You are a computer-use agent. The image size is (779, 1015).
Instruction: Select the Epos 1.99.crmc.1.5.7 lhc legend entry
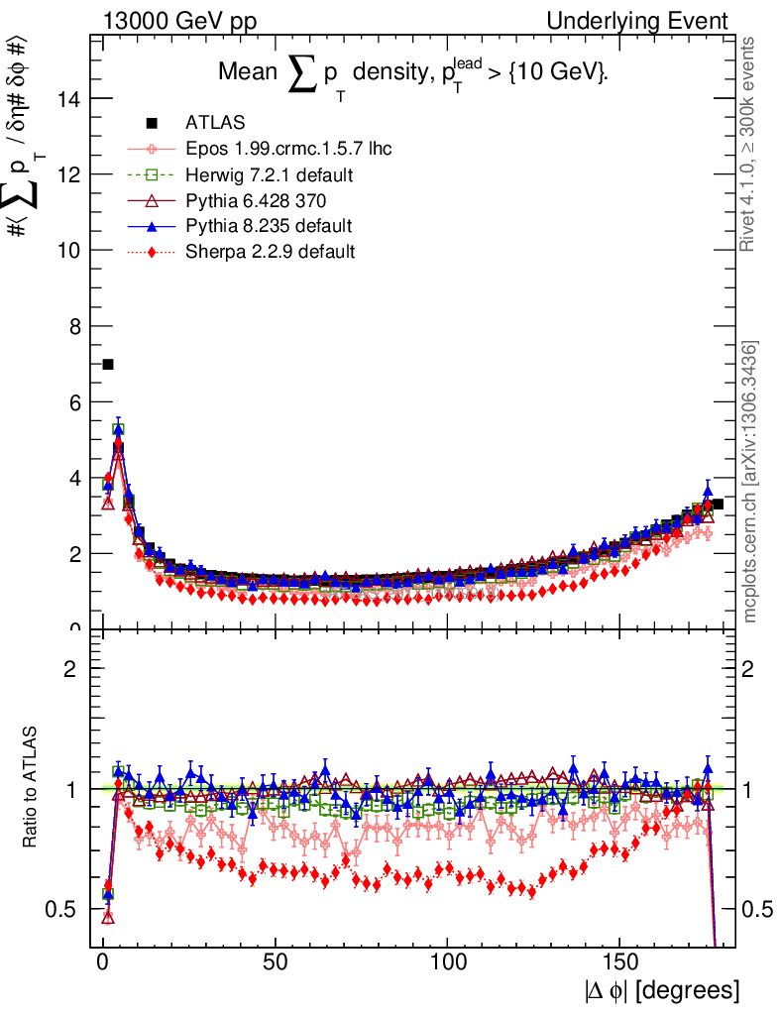(288, 149)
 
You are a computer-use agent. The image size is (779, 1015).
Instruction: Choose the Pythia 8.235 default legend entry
(268, 226)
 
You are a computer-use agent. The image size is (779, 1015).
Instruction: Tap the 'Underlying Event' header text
(651, 21)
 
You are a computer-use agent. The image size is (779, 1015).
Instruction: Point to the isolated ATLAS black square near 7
(108, 364)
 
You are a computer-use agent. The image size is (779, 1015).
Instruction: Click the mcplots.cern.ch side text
(751, 482)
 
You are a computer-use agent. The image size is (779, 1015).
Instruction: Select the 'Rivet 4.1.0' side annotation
(751, 144)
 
